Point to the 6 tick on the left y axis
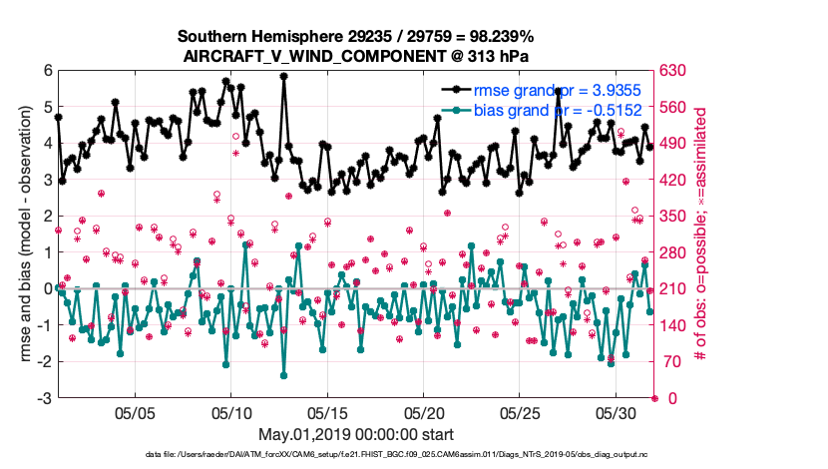(x=47, y=71)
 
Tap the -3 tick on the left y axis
(x=44, y=398)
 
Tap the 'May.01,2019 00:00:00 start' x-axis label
(x=355, y=435)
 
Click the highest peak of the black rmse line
(x=285, y=76)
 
